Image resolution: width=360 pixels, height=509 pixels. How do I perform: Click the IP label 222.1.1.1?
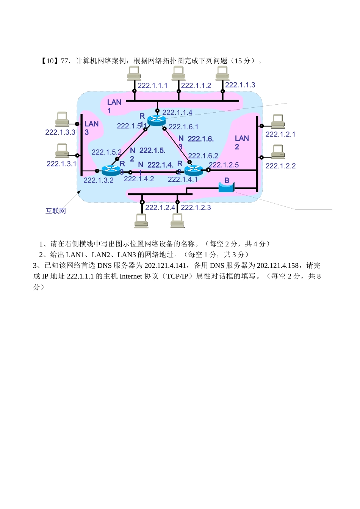[x=152, y=86]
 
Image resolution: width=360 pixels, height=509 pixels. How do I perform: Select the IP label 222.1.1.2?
[x=196, y=86]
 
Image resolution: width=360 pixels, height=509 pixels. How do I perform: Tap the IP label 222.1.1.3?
[x=240, y=85]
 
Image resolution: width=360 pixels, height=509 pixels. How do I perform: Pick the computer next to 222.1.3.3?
[x=62, y=119]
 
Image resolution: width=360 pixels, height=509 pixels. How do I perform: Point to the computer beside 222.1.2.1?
[x=278, y=121]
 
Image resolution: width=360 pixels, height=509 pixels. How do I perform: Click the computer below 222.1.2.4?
[x=141, y=221]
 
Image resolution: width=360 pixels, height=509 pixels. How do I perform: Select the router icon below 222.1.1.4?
[x=157, y=121]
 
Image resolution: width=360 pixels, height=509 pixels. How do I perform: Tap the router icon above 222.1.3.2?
[x=111, y=170]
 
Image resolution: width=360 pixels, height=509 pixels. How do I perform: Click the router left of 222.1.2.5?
[x=193, y=170]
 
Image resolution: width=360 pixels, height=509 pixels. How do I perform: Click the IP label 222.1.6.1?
[x=183, y=127]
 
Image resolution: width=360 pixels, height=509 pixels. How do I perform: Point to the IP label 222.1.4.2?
[x=139, y=179]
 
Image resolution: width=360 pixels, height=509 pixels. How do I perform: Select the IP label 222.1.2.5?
[x=224, y=165]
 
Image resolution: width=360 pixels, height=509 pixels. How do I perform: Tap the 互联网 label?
[x=56, y=211]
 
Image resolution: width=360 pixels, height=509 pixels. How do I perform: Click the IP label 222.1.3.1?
[x=61, y=164]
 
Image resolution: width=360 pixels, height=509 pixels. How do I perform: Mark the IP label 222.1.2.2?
[x=280, y=166]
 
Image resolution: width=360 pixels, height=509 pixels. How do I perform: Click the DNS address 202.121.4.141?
[x=165, y=265]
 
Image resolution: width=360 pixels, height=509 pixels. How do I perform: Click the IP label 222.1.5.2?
[x=106, y=152]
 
